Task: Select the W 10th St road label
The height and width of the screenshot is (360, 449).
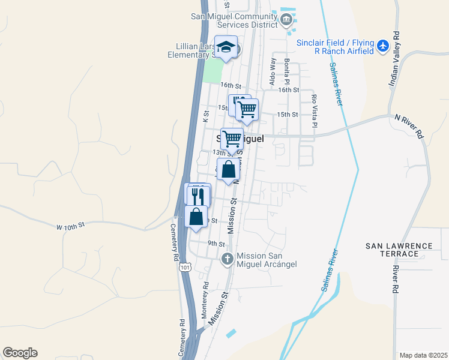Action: pos(71,226)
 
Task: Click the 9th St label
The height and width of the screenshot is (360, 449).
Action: pos(216,244)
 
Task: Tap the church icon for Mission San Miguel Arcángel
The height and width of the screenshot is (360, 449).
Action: pos(227,259)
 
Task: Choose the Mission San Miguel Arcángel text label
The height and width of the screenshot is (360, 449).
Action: pos(267,259)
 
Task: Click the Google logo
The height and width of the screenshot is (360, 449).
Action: pos(20,353)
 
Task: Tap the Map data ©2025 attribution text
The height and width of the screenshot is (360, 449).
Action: pos(423,355)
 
